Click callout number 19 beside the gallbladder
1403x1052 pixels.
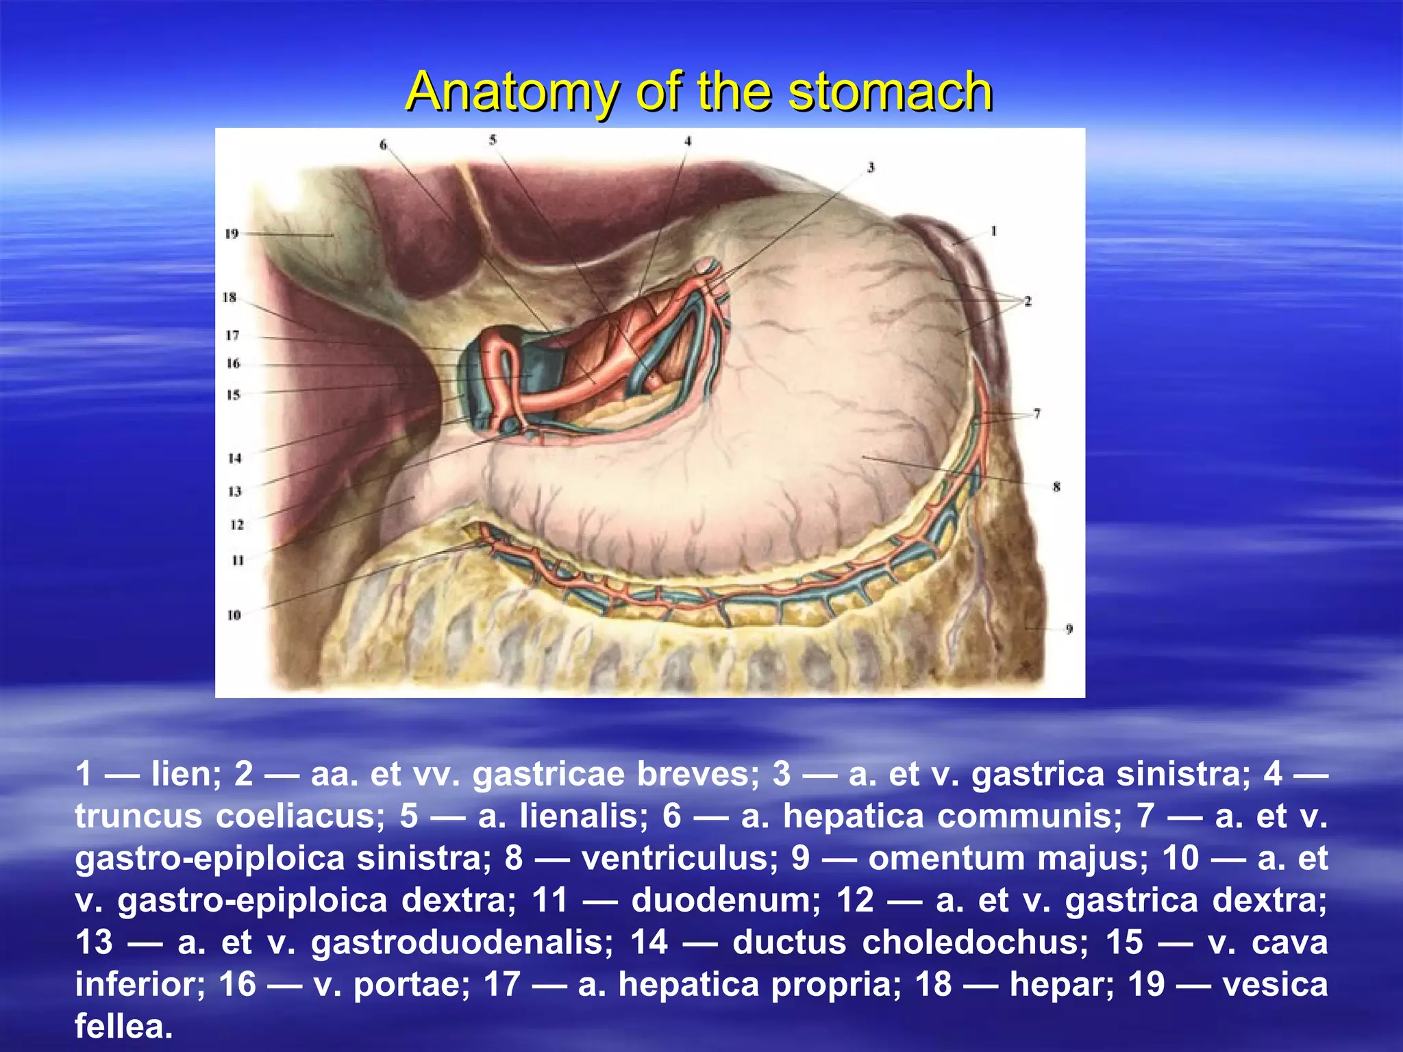pyautogui.click(x=232, y=234)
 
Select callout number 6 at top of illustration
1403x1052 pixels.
pyautogui.click(x=384, y=145)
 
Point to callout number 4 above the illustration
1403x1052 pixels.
pyautogui.click(x=688, y=141)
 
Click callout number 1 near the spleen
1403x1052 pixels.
pyautogui.click(x=993, y=231)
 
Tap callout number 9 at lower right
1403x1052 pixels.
pyautogui.click(x=1069, y=629)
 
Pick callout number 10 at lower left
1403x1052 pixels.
pyautogui.click(x=234, y=615)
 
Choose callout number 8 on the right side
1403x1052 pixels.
pyautogui.click(x=1056, y=487)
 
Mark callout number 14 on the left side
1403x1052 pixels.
pyautogui.click(x=235, y=458)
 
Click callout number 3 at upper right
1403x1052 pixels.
pyautogui.click(x=871, y=167)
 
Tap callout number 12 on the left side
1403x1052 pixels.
pyautogui.click(x=237, y=525)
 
